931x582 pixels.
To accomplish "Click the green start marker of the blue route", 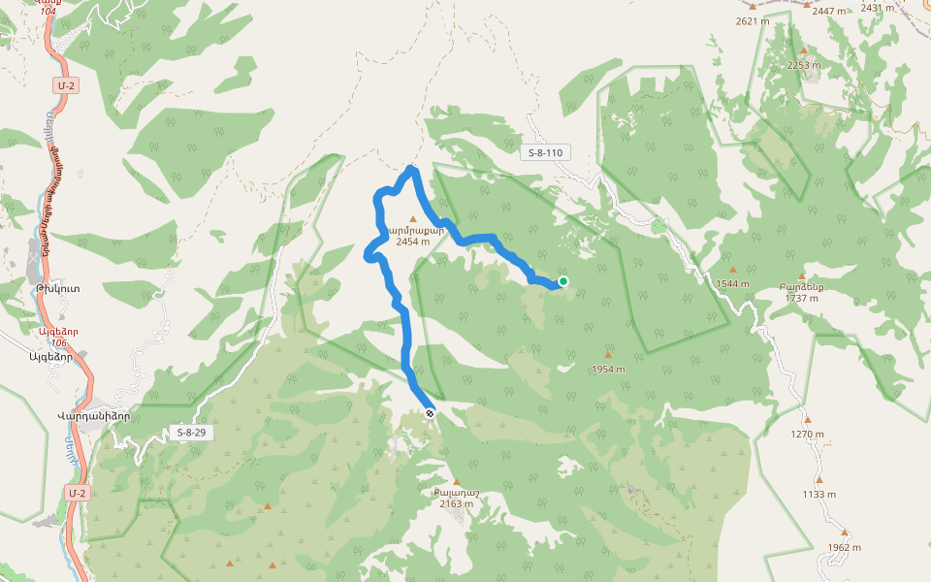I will pos(562,281).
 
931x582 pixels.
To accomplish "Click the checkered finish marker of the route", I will pos(430,412).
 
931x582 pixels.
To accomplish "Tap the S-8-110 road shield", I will pos(546,152).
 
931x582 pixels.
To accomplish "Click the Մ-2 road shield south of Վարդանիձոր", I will pos(79,494).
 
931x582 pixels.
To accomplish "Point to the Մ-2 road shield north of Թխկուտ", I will pos(66,86).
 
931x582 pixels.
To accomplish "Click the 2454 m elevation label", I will pos(412,242).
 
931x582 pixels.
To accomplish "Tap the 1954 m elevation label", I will pos(608,370).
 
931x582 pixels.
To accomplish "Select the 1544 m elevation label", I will pos(733,284).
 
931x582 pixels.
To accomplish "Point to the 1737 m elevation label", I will pos(801,298).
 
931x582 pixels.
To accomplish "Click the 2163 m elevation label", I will pos(456,503).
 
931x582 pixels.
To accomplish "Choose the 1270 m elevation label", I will pos(807,434).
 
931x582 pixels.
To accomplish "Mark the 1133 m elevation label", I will pos(819,494).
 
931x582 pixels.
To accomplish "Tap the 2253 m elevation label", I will pos(803,65).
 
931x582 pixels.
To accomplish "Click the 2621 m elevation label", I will pos(753,20).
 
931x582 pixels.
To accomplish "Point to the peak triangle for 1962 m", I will pos(845,532).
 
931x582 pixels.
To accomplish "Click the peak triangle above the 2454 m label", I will pos(412,219).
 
